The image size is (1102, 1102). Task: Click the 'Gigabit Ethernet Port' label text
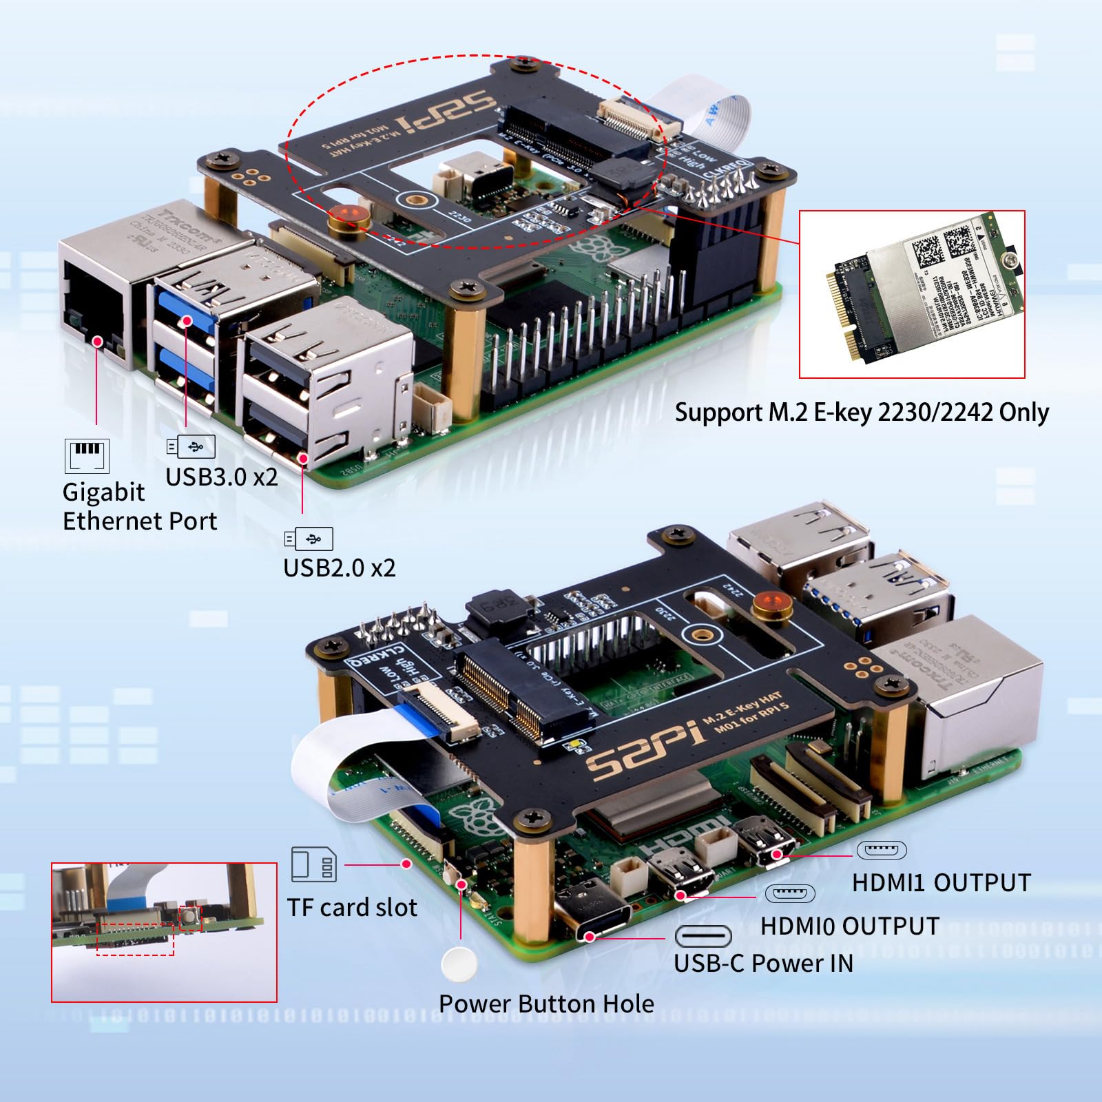pos(139,507)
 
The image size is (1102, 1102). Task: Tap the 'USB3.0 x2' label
pos(221,477)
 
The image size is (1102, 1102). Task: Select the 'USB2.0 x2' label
pos(339,568)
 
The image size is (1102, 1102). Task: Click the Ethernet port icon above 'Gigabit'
pos(87,455)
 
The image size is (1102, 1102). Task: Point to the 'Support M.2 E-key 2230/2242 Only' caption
pos(861,413)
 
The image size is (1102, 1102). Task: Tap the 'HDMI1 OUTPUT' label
pos(941,883)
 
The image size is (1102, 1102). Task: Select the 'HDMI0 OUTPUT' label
pos(849,926)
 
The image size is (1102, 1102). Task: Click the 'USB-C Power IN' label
pos(763,963)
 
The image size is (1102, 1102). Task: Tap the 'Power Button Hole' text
pos(546,1004)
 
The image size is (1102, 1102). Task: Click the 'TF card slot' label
pos(352,908)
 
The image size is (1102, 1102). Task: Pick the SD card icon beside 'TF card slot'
pos(313,864)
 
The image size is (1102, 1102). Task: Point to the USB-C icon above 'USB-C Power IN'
pos(703,937)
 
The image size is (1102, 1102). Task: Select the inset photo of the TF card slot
pos(164,932)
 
